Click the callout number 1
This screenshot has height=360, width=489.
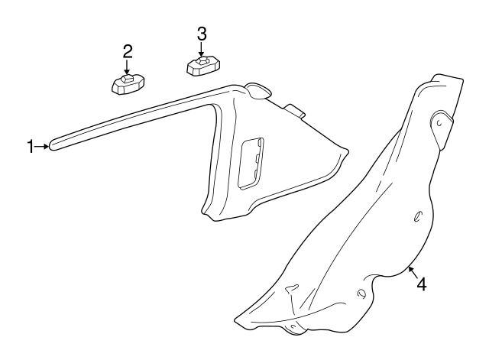31,146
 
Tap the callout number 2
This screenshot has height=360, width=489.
128,51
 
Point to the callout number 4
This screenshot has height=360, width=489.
421,284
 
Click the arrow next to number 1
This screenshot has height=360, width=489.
43,145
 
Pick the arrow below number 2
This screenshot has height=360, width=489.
128,67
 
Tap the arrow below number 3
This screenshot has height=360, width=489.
201,49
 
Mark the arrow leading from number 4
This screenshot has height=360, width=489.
412,271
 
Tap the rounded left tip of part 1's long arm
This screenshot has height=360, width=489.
53,145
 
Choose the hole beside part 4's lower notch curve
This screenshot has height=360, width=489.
360,293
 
